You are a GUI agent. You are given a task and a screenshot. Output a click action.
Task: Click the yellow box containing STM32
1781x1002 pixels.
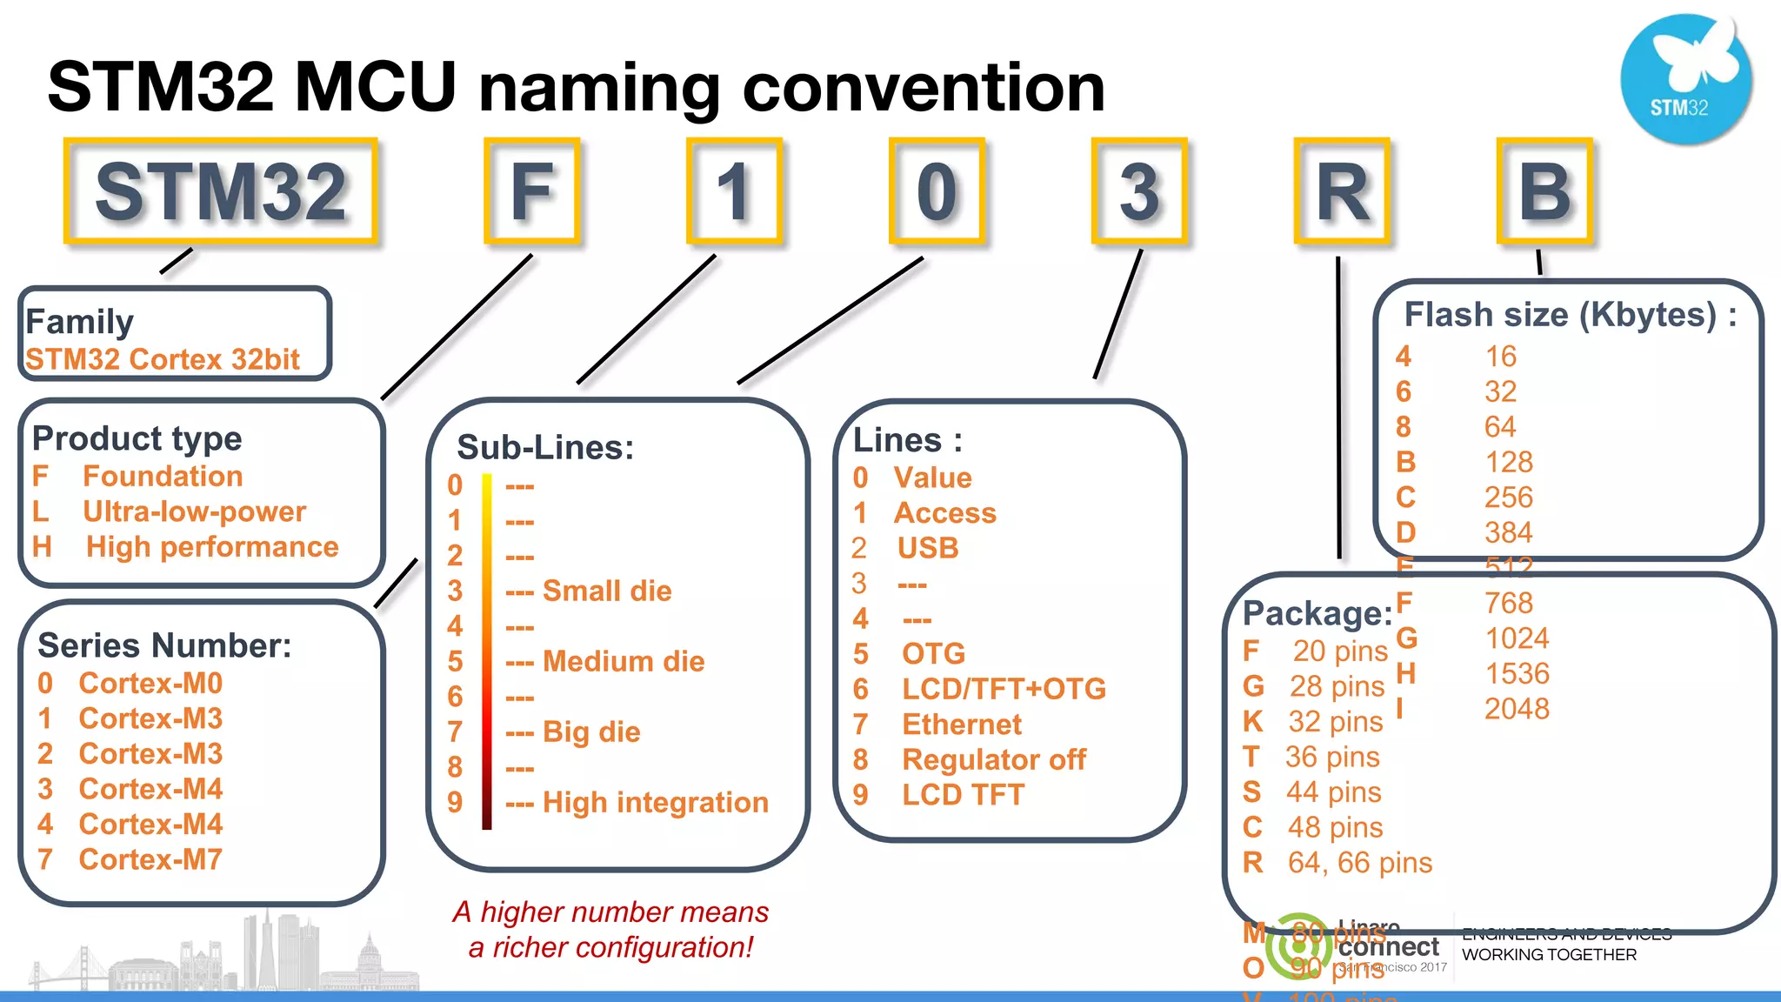click(221, 190)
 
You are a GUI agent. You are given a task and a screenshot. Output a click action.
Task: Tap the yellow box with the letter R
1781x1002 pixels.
click(1342, 190)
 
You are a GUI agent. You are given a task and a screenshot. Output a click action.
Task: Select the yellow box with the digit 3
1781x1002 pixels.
click(1139, 190)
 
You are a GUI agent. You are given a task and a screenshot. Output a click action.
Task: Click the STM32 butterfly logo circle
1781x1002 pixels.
click(1684, 79)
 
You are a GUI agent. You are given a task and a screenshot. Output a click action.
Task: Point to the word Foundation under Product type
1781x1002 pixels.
click(163, 476)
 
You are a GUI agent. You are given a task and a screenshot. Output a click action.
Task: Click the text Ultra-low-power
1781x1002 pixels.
click(194, 511)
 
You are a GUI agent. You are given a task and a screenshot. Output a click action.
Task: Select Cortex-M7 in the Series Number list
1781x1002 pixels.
click(150, 859)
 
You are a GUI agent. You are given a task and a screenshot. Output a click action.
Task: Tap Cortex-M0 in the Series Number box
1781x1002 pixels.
click(150, 683)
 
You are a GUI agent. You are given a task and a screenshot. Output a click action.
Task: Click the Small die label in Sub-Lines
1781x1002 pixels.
click(607, 591)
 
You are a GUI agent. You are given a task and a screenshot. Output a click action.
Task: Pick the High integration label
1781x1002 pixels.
click(656, 802)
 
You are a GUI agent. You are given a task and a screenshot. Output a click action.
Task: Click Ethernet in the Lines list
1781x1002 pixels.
click(962, 724)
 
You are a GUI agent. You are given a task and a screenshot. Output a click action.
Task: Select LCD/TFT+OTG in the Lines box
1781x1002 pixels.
click(1004, 689)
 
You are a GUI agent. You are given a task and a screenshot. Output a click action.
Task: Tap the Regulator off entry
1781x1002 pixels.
click(994, 759)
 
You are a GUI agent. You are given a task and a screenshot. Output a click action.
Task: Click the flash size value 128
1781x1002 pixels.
click(1509, 462)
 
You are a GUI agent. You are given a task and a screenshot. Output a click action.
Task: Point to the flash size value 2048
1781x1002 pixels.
click(1517, 709)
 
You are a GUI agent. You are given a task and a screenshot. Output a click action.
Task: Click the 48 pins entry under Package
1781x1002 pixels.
click(1335, 827)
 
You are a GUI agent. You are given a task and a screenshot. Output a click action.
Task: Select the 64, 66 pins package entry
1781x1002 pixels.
click(1359, 863)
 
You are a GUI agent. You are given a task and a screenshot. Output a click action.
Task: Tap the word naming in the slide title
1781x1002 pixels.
click(599, 88)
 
